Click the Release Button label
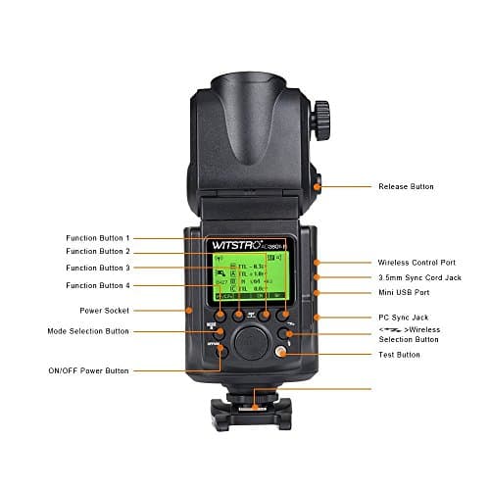(405, 185)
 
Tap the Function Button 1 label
(98, 238)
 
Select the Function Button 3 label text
(98, 268)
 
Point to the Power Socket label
(106, 311)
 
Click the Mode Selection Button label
(88, 331)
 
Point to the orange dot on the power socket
(189, 311)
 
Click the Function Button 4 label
(98, 285)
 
